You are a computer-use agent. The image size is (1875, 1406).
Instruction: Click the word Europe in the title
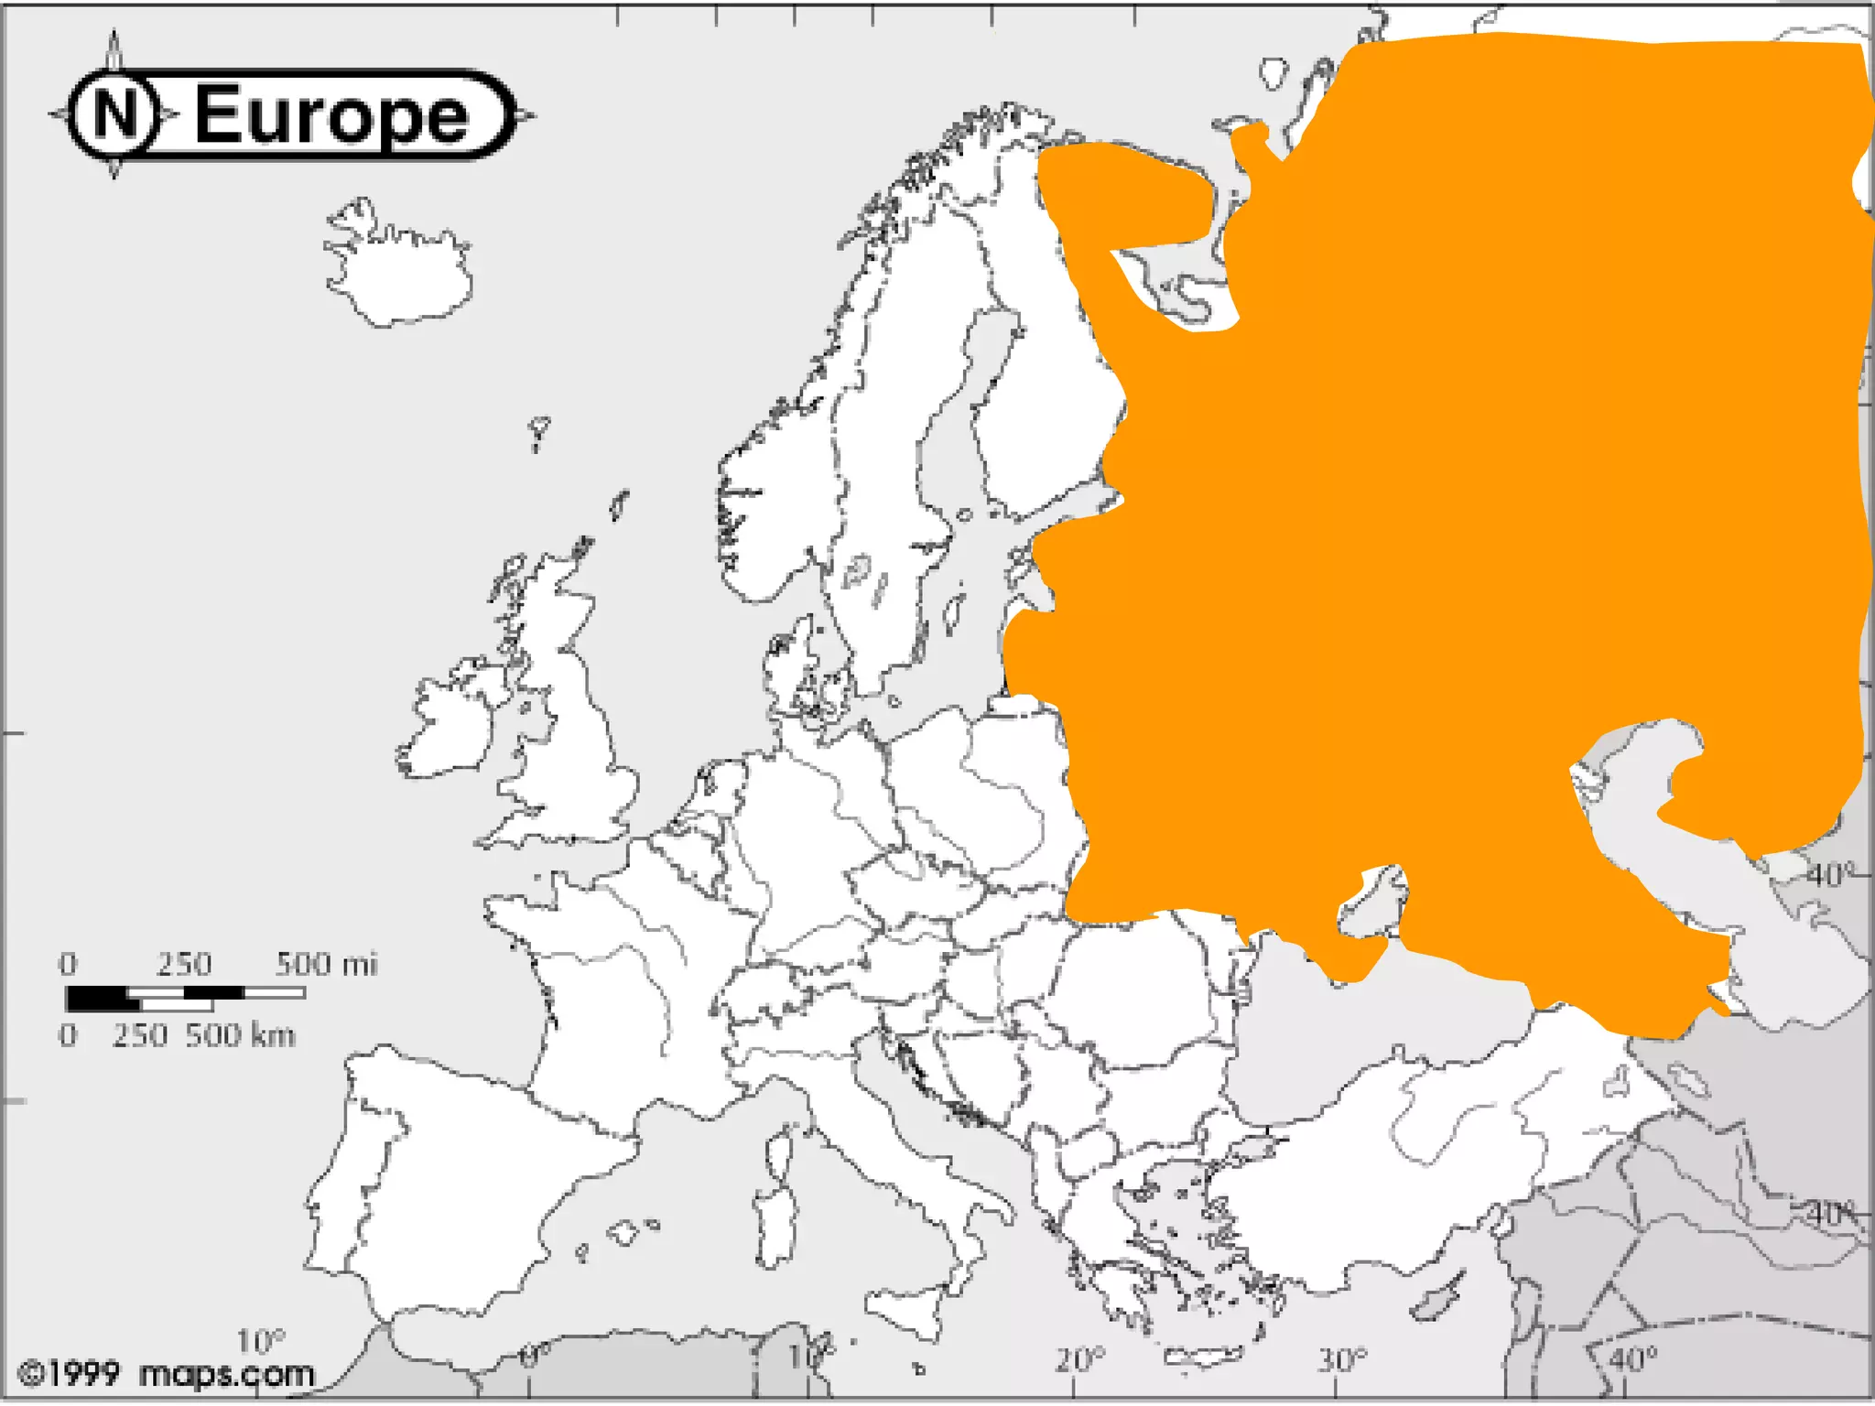[331, 115]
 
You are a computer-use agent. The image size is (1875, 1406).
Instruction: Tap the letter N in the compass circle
[114, 114]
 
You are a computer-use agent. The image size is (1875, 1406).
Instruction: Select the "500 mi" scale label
[326, 964]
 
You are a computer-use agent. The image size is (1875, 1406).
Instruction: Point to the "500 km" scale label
[240, 1035]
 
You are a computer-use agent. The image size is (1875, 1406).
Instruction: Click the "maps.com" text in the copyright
[226, 1374]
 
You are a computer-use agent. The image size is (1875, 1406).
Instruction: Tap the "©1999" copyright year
[70, 1374]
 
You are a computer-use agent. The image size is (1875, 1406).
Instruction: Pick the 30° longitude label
[1342, 1360]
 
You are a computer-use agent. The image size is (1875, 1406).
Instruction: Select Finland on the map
[1044, 384]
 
